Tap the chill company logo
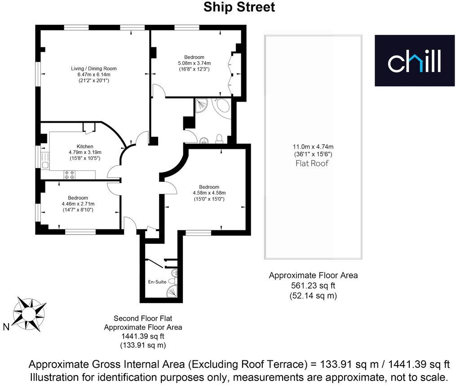(415, 61)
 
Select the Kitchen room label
(85, 146)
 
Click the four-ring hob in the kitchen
(70, 175)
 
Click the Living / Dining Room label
(93, 68)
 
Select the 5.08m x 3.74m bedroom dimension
(194, 63)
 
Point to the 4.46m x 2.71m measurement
(79, 204)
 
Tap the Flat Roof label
(313, 163)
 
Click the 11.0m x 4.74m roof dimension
(313, 147)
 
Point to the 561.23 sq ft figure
(313, 286)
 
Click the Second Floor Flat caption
(143, 318)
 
